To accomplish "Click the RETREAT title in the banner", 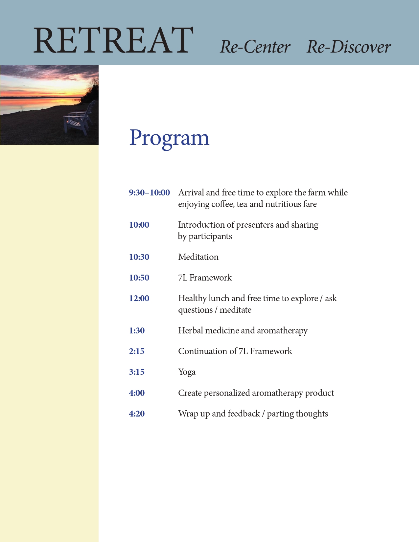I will (x=113, y=40).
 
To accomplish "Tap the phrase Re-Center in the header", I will (x=255, y=47).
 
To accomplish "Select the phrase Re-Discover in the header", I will (x=349, y=47).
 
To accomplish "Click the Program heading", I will (x=169, y=138).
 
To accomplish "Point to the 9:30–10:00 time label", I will (x=149, y=192).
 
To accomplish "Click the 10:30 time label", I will (x=139, y=257).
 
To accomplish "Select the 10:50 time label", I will (x=139, y=278).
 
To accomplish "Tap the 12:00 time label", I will (x=139, y=298).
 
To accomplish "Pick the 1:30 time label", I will (x=137, y=330).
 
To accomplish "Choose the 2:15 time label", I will (x=137, y=351).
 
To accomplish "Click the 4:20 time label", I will (x=137, y=414).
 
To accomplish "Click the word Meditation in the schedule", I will (x=198, y=257).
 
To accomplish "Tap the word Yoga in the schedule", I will (x=187, y=372).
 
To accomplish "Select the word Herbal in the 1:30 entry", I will (x=191, y=330).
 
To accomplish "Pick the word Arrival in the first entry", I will (x=191, y=192).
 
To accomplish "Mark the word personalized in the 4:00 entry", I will (x=227, y=393).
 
